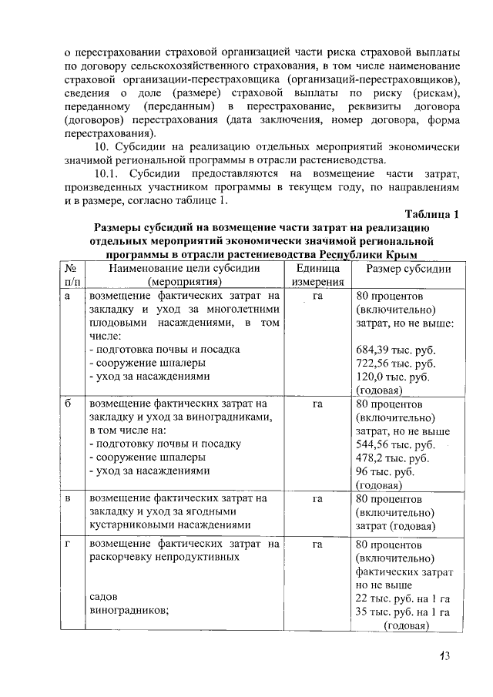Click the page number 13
pos(444,656)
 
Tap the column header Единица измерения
pos(317,276)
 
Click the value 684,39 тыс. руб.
pos(396,350)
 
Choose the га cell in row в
pos(317,499)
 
